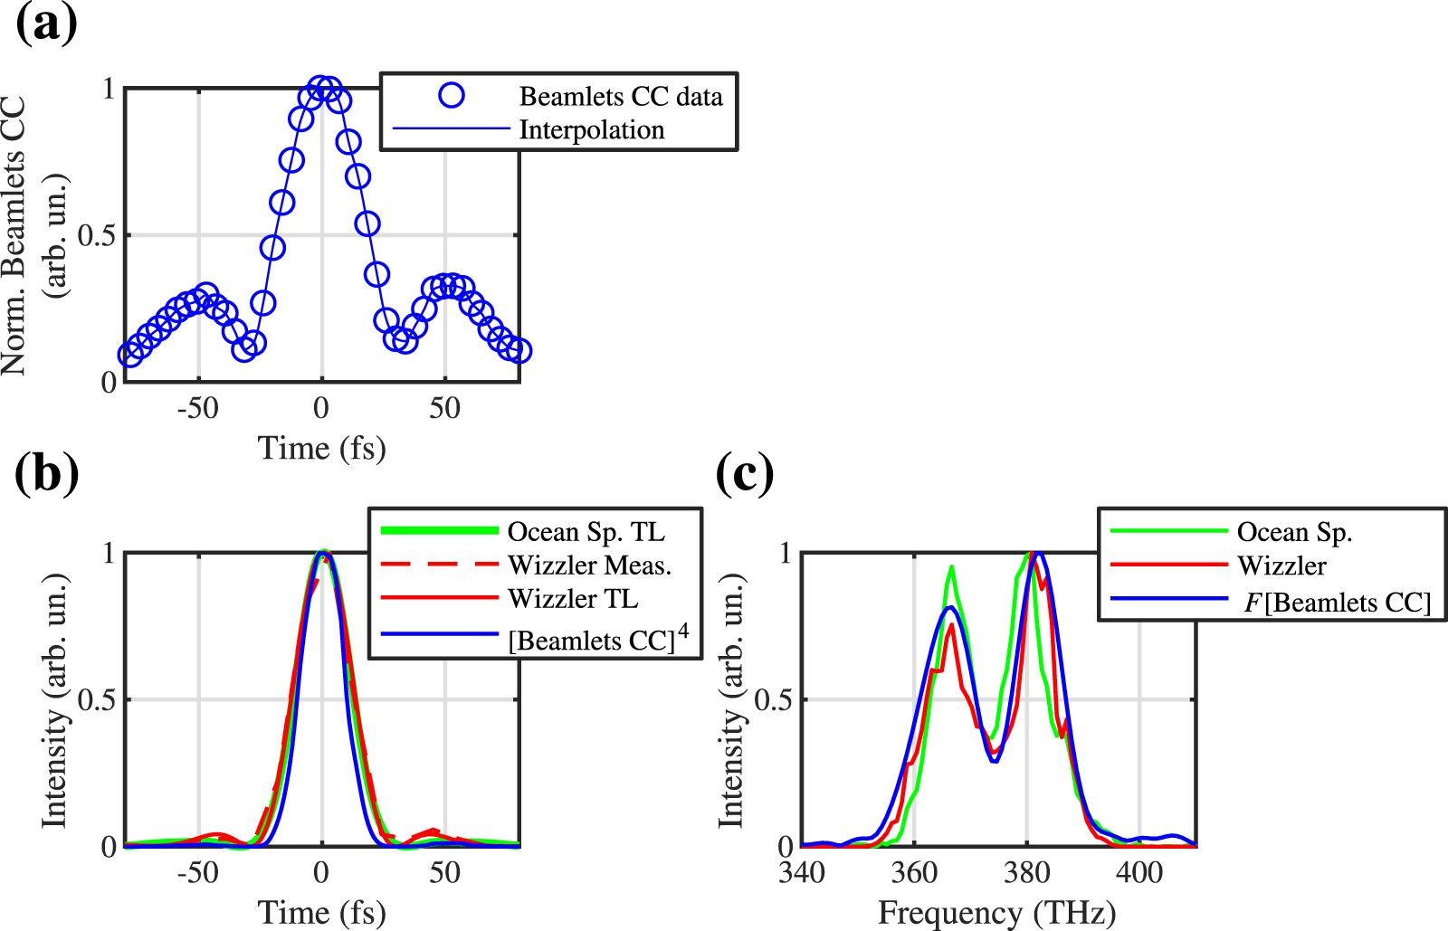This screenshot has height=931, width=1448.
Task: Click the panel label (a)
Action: click(46, 24)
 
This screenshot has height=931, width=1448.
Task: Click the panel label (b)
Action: click(46, 473)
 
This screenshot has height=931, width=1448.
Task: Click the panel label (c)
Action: click(744, 473)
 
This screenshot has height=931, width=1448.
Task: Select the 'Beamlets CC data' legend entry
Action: click(621, 97)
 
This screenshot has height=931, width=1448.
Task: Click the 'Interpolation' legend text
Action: click(591, 130)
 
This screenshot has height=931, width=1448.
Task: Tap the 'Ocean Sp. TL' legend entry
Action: click(586, 532)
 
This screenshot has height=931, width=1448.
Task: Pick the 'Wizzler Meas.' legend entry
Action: click(589, 565)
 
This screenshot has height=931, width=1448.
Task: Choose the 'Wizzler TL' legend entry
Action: click(572, 599)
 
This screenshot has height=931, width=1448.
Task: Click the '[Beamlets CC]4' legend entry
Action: click(597, 639)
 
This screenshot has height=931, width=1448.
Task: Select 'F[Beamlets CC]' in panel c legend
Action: click(1337, 603)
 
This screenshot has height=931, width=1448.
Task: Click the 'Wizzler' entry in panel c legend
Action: click(1281, 566)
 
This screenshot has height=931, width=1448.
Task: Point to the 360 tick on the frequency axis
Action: click(914, 872)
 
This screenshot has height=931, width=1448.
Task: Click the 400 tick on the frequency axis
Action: click(1139, 872)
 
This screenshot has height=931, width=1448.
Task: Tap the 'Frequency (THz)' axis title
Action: click(996, 913)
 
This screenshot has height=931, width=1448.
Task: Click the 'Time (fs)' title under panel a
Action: click(321, 448)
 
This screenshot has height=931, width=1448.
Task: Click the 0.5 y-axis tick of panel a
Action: click(97, 236)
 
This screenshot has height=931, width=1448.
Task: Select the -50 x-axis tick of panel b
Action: click(197, 872)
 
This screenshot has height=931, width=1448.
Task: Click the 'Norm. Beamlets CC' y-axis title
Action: click(14, 236)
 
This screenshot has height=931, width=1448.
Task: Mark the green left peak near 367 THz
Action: click(951, 568)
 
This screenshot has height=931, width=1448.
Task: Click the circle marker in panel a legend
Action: click(451, 95)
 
